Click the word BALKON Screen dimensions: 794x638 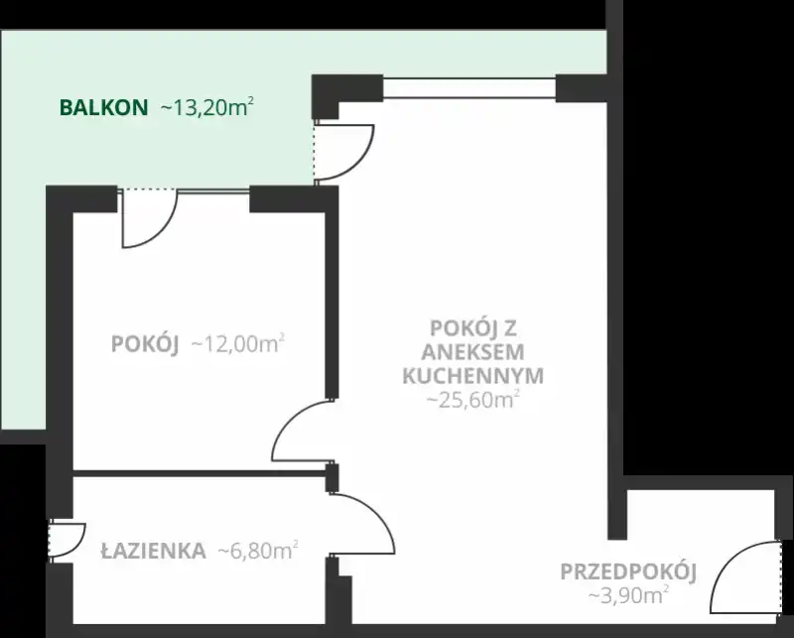click(x=104, y=108)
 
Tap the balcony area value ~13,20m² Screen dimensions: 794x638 click(x=206, y=107)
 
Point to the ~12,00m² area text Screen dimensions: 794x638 click(x=237, y=344)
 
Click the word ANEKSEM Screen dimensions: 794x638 click(x=473, y=352)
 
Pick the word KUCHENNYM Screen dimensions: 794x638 click(x=473, y=376)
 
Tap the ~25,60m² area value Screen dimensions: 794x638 click(x=473, y=399)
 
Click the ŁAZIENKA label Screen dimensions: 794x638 click(x=154, y=550)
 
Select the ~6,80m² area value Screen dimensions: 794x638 click(x=258, y=551)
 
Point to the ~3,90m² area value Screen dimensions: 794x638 click(x=628, y=595)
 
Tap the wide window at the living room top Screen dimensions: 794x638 click(x=469, y=87)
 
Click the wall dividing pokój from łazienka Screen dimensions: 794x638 click(x=199, y=473)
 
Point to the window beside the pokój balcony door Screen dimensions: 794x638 click(x=213, y=191)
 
